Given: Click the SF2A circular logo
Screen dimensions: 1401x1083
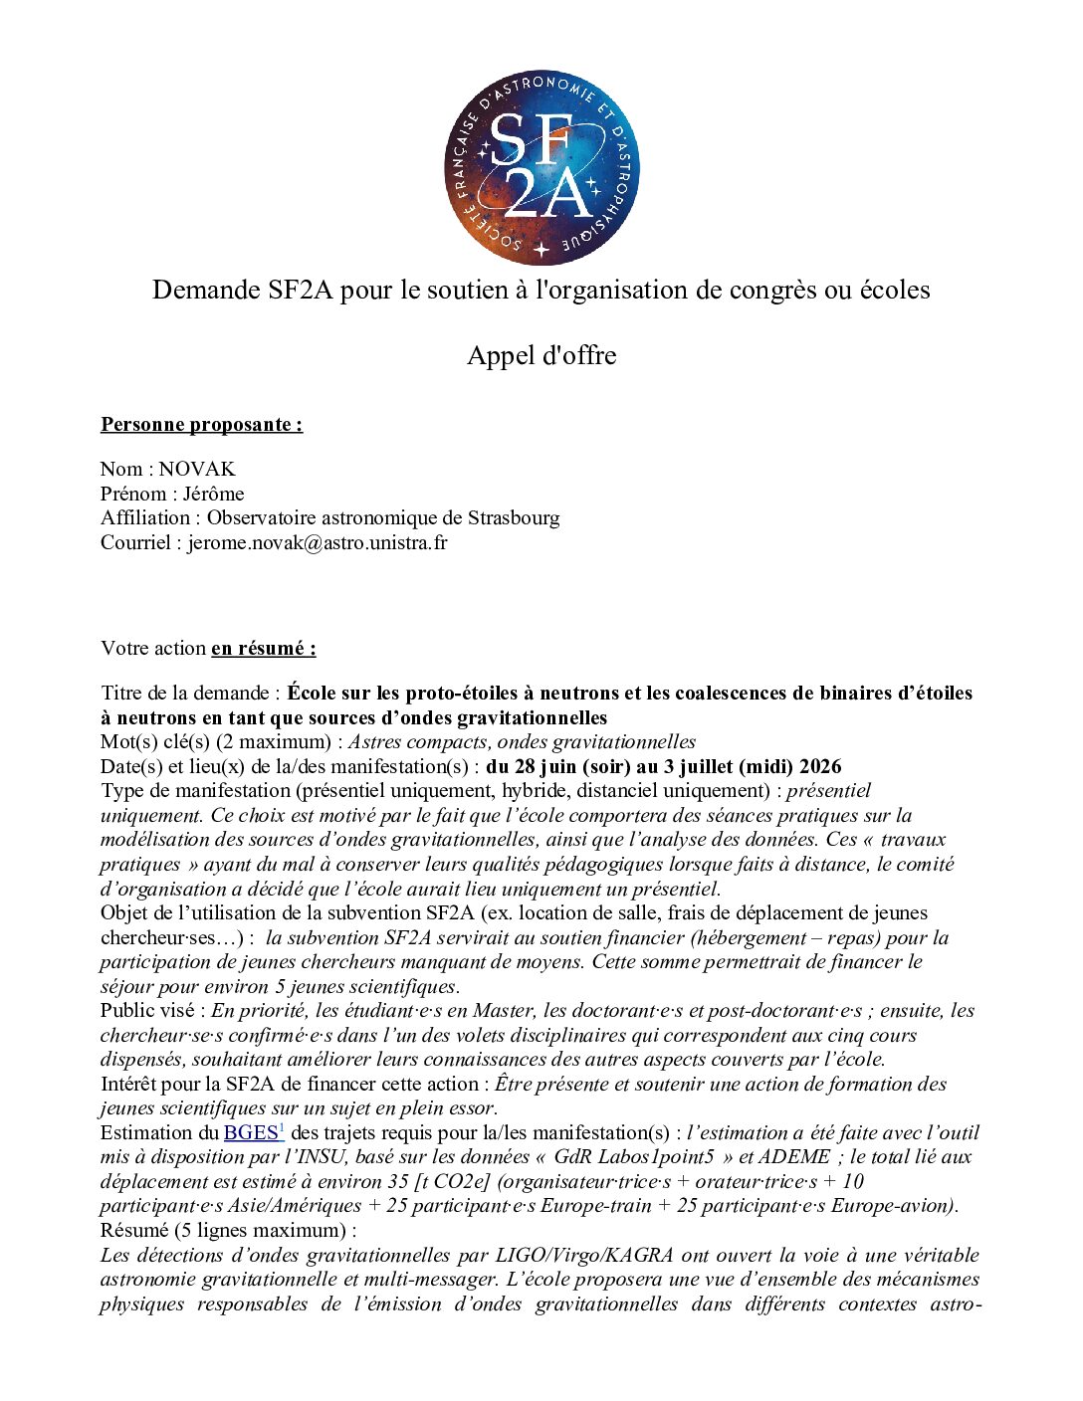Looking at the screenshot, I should click(541, 168).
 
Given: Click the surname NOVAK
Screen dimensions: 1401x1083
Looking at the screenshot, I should click(197, 469).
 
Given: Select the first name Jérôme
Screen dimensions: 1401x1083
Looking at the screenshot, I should click(213, 494).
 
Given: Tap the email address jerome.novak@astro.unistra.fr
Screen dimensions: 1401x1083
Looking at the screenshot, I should click(318, 542).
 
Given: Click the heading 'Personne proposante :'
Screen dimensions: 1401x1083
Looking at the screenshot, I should click(201, 425).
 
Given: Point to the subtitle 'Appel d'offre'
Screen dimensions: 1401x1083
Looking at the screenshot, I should click(541, 355).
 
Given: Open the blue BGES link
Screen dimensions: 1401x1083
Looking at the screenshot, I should click(251, 1132).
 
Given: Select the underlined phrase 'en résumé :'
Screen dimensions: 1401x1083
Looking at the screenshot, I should click(264, 648).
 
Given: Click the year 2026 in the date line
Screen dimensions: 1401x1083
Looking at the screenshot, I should click(820, 766).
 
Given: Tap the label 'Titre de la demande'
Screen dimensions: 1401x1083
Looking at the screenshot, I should click(185, 693).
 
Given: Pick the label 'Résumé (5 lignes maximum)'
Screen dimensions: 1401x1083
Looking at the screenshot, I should click(226, 1230).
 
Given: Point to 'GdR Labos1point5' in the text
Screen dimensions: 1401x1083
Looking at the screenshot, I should click(634, 1156).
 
